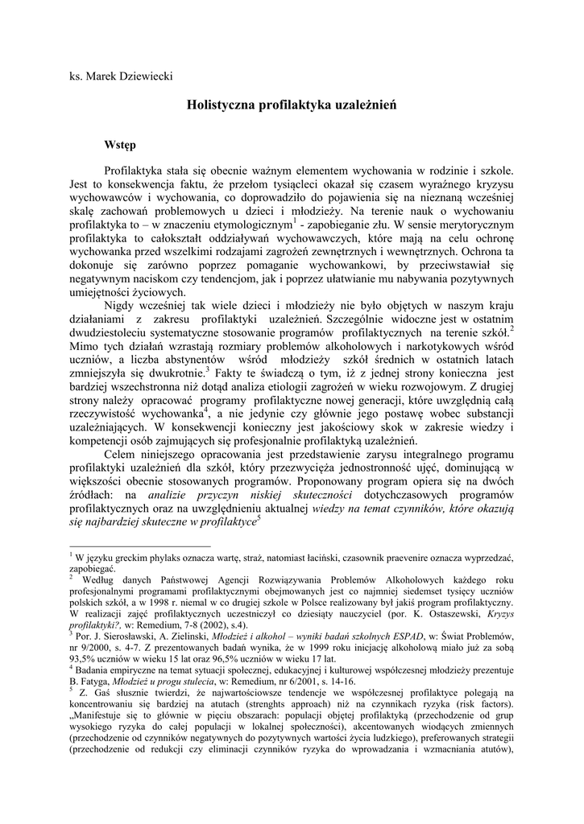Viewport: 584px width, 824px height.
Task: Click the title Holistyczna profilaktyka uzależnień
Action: click(291, 105)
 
